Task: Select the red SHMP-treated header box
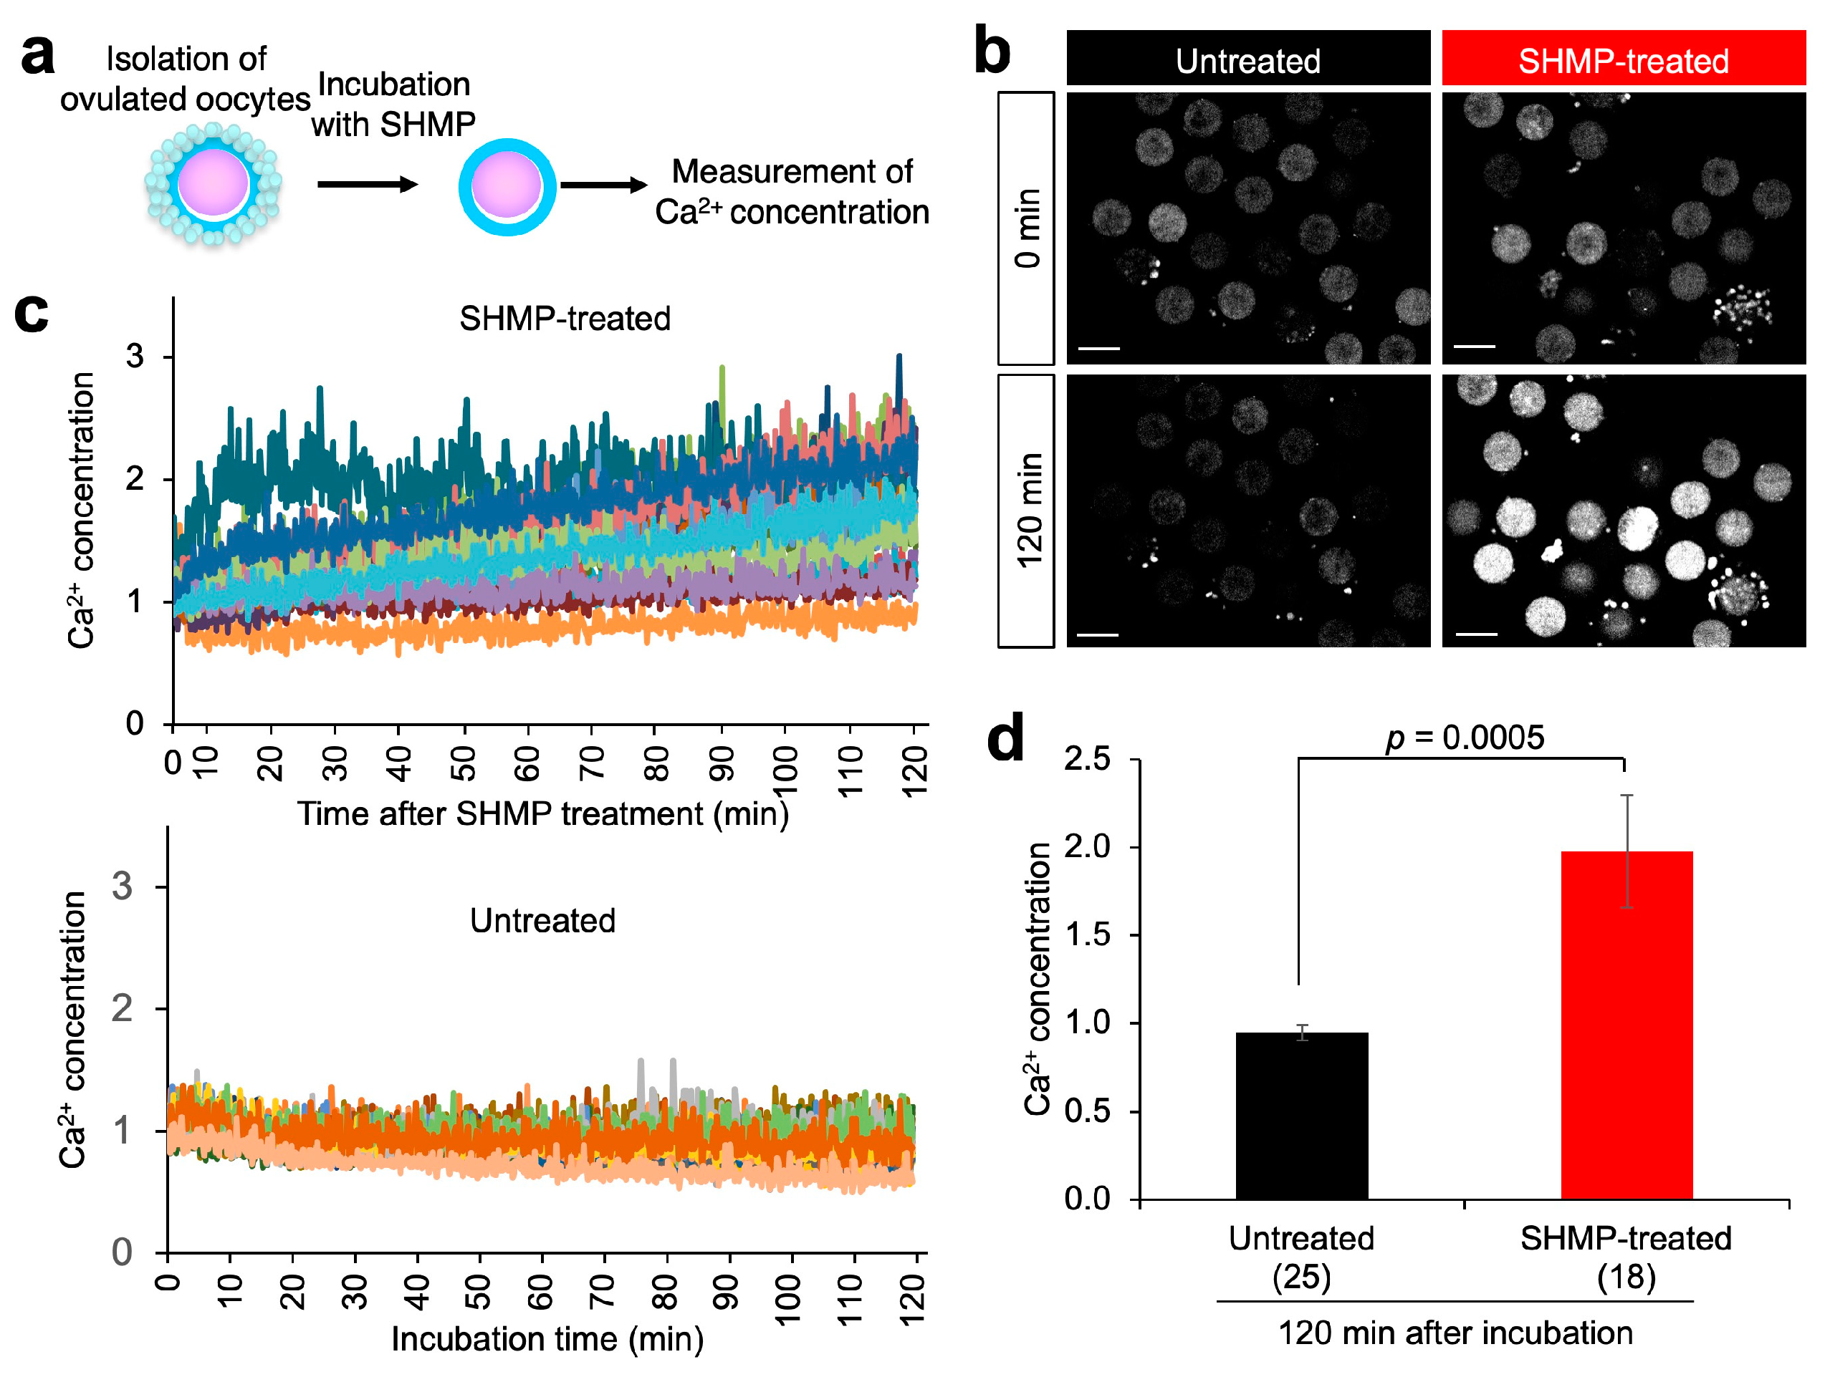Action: tap(1622, 59)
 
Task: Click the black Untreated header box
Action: tap(1247, 59)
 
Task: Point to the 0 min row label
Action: tap(1026, 228)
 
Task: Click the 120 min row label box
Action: tap(1026, 511)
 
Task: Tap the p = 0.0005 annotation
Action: tap(1465, 737)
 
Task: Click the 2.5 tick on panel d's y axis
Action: tap(1087, 758)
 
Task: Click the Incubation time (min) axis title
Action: tap(547, 1338)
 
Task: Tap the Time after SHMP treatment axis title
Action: tap(542, 813)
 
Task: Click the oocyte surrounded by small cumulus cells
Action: tap(214, 183)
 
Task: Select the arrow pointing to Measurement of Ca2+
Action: tap(603, 185)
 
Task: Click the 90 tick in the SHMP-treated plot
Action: tap(722, 763)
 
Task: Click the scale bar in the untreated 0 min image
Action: tap(1098, 348)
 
